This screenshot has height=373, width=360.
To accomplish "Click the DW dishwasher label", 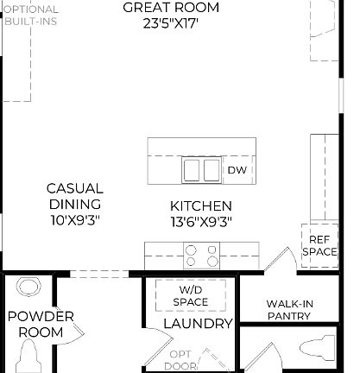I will point(237,171).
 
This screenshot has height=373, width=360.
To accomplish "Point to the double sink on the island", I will point(201,170).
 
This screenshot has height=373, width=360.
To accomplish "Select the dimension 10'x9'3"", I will point(75,220).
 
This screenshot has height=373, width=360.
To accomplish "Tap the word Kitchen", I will point(200,206).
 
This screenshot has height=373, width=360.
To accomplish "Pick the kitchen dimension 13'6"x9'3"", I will point(200,221).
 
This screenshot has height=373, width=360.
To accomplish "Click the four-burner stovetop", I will point(201,255).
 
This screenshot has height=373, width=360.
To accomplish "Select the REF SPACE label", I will point(319,244).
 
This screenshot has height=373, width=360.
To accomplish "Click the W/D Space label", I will point(190,295).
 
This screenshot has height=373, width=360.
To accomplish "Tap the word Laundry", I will point(199,324).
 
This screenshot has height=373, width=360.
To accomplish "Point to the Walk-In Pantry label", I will point(288,310).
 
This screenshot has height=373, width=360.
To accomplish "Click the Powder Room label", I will point(41,324).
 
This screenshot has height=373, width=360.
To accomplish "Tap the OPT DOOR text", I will point(180,360).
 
